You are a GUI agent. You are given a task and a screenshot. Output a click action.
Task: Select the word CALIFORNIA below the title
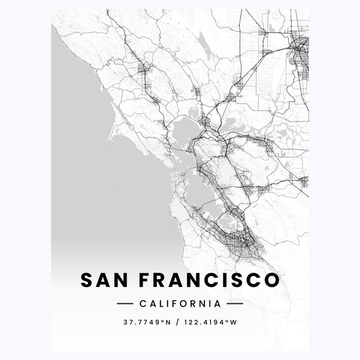click(x=179, y=304)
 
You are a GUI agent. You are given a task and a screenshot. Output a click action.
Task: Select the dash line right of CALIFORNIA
click(x=235, y=304)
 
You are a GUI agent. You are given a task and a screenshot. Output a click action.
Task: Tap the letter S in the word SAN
click(x=87, y=280)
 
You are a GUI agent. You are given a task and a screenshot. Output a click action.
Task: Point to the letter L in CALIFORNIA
click(x=162, y=304)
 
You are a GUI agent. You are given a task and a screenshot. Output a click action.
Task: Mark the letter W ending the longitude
click(x=234, y=323)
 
